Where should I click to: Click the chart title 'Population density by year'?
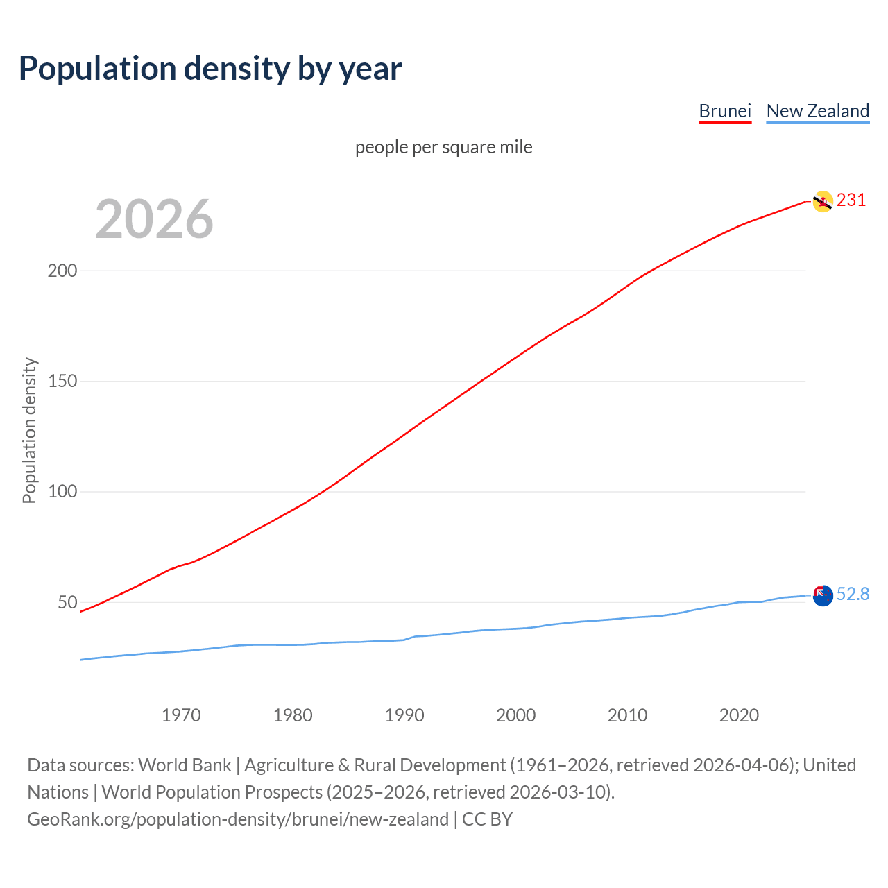[210, 69]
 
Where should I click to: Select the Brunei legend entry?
[725, 111]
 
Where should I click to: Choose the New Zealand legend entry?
[817, 111]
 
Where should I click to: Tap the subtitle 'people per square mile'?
[444, 147]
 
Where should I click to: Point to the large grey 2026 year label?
[154, 219]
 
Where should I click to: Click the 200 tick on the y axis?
[62, 271]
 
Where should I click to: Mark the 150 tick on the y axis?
[62, 381]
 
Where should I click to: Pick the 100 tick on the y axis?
[62, 492]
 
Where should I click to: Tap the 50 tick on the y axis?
[67, 602]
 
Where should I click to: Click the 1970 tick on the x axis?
[181, 715]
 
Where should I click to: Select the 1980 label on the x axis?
[293, 715]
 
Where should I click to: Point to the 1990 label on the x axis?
[404, 715]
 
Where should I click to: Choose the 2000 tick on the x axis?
[516, 715]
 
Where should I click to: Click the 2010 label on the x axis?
[628, 715]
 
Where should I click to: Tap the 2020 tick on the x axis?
[739, 715]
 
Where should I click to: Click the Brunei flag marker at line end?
[823, 201]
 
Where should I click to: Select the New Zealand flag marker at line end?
[823, 595]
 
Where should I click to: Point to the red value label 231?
[851, 200]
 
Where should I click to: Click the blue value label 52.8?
[853, 595]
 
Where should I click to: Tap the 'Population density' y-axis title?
[29, 430]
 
